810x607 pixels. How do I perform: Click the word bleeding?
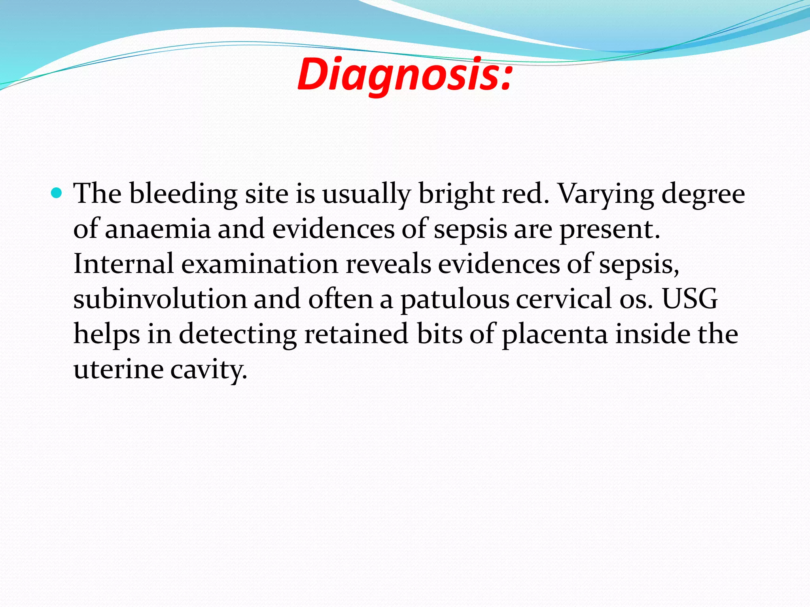coord(184,194)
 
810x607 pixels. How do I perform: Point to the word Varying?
coord(606,194)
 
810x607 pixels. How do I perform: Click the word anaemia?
coord(158,229)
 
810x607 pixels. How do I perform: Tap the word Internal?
coord(123,264)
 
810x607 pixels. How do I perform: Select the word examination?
coord(260,264)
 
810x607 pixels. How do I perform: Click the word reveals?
coord(388,264)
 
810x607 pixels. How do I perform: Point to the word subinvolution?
coord(160,299)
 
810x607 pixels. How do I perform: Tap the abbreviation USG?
coord(690,299)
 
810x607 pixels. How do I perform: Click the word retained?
coord(356,334)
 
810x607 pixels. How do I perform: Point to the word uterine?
coord(118,369)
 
